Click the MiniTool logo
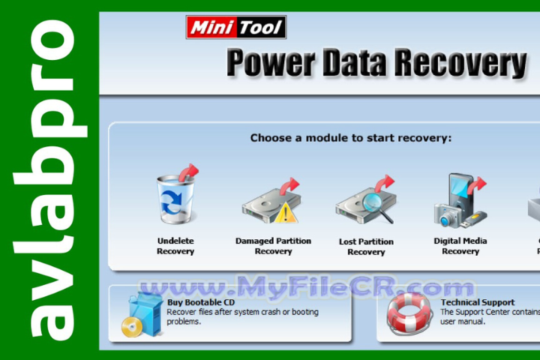click(235, 28)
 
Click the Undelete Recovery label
click(175, 246)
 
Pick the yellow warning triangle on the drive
click(285, 214)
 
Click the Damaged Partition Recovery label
click(273, 246)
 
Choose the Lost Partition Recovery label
click(366, 246)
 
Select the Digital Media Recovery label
click(460, 246)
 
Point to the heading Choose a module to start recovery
click(351, 138)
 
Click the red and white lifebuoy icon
click(409, 313)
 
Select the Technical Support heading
click(477, 302)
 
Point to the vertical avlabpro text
click(51, 180)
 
